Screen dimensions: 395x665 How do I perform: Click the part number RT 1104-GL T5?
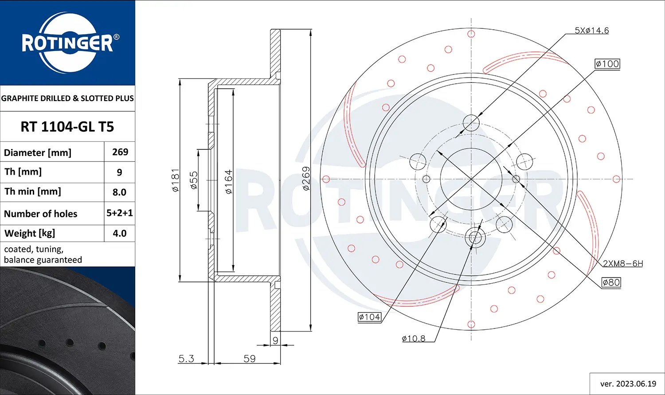67,127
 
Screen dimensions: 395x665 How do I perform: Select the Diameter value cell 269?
120,152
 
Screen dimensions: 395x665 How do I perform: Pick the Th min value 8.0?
119,192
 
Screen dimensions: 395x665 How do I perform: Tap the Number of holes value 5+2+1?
120,213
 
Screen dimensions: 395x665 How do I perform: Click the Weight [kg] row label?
30,233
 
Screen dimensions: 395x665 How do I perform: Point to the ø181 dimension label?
176,180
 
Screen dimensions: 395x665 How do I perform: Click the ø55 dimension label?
194,180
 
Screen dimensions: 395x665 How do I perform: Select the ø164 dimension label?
228,182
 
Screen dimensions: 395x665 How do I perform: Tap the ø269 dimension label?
306,179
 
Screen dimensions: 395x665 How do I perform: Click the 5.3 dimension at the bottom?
186,358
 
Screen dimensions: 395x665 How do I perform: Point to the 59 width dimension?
250,358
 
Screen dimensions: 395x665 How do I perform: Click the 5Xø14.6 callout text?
591,31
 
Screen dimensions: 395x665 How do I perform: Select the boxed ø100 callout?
607,64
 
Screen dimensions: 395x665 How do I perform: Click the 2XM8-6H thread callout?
622,263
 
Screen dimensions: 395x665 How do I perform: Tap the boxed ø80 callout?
611,282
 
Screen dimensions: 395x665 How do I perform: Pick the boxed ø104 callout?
369,317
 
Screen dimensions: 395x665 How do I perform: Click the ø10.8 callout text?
413,339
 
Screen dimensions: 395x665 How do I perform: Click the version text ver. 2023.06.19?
628,384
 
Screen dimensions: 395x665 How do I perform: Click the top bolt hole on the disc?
471,123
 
